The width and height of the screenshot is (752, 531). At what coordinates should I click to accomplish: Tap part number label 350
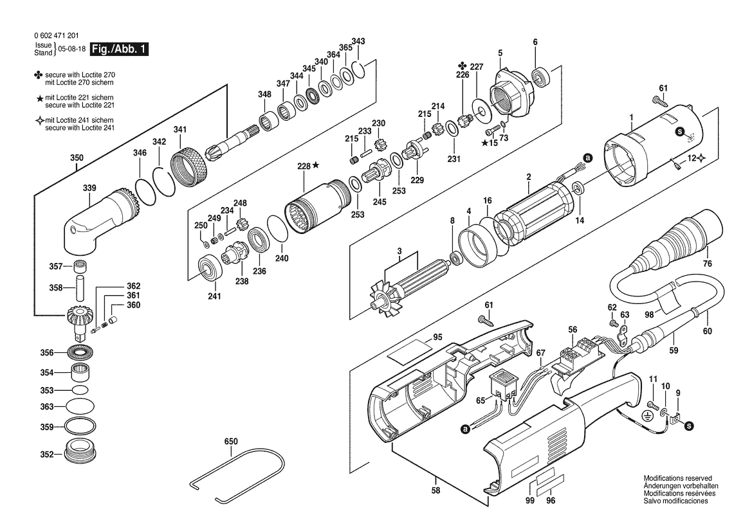pos(77,157)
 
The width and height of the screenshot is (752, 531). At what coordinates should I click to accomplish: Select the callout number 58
pos(436,491)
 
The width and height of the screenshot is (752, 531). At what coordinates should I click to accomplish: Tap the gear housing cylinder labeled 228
pos(320,208)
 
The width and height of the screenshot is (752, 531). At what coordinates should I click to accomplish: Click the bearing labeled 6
pos(540,76)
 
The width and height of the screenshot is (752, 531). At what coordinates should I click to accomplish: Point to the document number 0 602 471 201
pos(57,35)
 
